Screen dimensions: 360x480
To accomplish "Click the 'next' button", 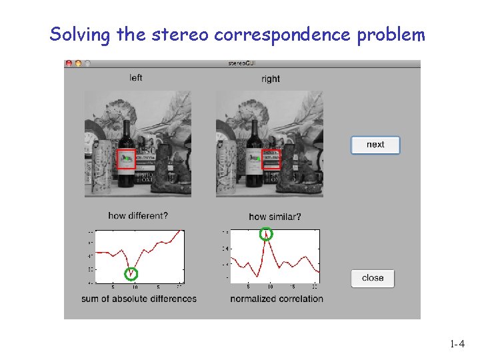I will (375, 145).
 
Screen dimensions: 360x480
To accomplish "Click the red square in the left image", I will (126, 159).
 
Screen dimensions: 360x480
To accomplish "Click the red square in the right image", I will (271, 159).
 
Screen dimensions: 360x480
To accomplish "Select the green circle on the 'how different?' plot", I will (132, 273).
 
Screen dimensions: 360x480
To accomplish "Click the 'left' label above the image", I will (136, 78).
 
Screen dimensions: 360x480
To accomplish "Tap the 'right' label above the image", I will (271, 79).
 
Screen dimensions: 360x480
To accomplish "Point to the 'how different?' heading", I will (138, 215).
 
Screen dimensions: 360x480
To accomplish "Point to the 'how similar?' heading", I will (275, 216).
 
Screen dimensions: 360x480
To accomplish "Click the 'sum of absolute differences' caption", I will (139, 299).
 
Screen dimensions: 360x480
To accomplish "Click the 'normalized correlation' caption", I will (277, 299).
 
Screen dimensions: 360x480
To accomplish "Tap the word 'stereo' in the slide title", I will (183, 35).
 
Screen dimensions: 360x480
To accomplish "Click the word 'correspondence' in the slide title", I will (283, 35).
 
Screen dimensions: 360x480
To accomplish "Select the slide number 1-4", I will (457, 345).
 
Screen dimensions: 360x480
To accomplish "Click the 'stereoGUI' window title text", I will (242, 63).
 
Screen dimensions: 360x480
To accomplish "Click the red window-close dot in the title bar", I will (69, 63).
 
